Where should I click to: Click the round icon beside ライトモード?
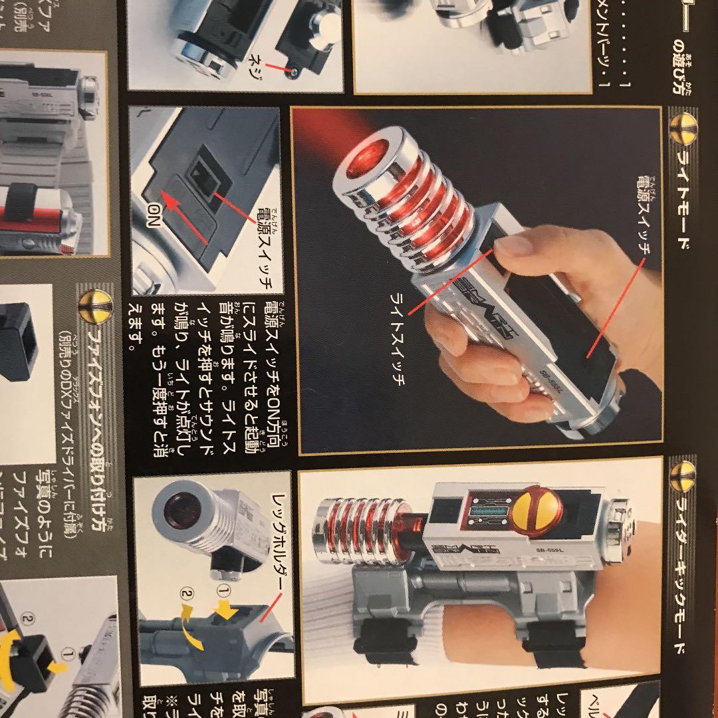pyautogui.click(x=683, y=126)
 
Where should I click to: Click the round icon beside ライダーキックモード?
pyautogui.click(x=683, y=476)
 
